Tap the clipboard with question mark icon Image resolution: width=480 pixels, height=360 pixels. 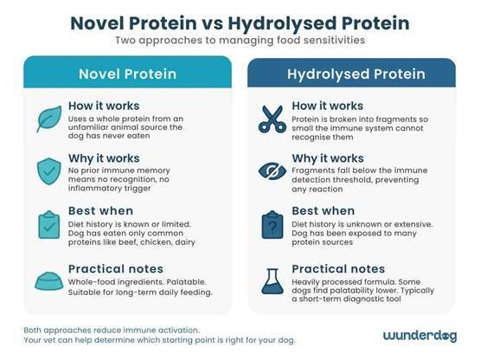coord(273,223)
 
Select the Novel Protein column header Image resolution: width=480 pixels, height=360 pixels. coord(127,73)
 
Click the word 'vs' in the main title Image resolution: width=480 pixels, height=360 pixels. coord(240,20)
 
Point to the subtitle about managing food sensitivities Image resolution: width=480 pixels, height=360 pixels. coord(240,40)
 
